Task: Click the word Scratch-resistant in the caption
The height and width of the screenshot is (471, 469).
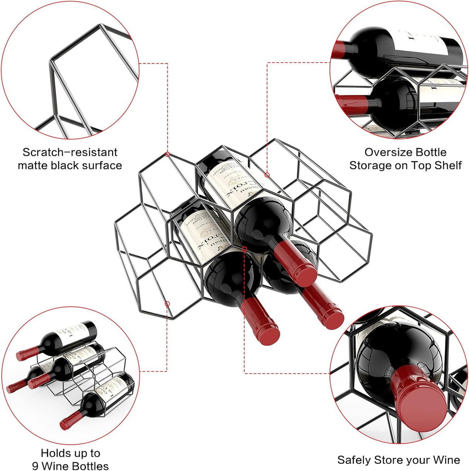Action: coord(70,152)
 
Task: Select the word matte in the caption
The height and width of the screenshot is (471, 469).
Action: coord(34,166)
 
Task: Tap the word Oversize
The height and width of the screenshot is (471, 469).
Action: coord(389,152)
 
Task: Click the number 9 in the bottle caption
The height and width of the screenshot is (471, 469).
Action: coord(36,466)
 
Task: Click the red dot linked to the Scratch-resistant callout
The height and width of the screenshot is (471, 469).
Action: coord(167,154)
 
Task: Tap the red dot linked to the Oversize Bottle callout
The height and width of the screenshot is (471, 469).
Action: coord(267,175)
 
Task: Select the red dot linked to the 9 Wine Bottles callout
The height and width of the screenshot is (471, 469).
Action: coord(167,304)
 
